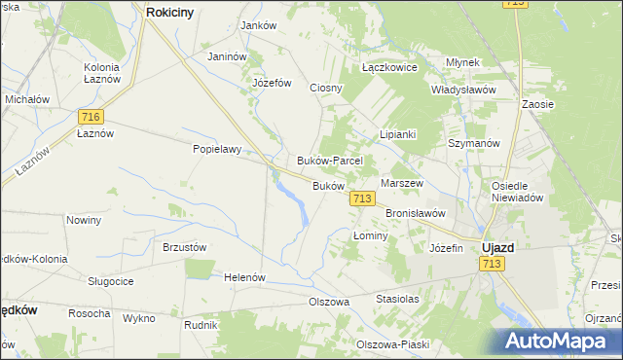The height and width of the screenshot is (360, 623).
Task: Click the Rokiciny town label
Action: (x=175, y=12)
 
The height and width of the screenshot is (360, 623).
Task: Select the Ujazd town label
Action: (x=498, y=247)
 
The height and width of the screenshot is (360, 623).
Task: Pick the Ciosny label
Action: (x=326, y=88)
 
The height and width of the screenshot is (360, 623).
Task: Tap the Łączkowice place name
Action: (x=389, y=68)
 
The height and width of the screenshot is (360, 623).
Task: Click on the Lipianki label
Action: (x=398, y=134)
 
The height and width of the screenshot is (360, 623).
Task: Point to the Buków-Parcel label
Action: (x=329, y=161)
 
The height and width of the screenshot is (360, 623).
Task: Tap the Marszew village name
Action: (x=401, y=183)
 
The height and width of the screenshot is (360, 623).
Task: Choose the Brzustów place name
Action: (x=185, y=247)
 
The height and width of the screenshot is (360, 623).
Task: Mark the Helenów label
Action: (x=245, y=277)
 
